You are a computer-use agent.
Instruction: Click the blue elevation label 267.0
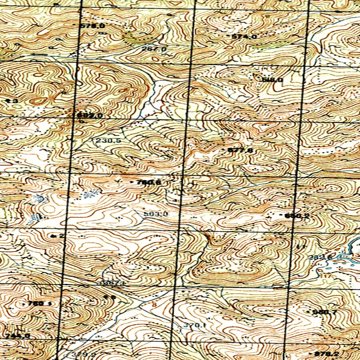pyautogui.click(x=154, y=49)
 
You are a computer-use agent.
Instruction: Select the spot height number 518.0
pyautogui.click(x=272, y=80)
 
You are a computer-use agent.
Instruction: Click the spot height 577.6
pyautogui.click(x=240, y=150)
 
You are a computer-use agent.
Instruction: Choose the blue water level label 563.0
pyautogui.click(x=156, y=214)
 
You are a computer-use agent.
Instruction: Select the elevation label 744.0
pyautogui.click(x=18, y=336)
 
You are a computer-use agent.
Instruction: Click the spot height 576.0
pyautogui.click(x=92, y=26)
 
